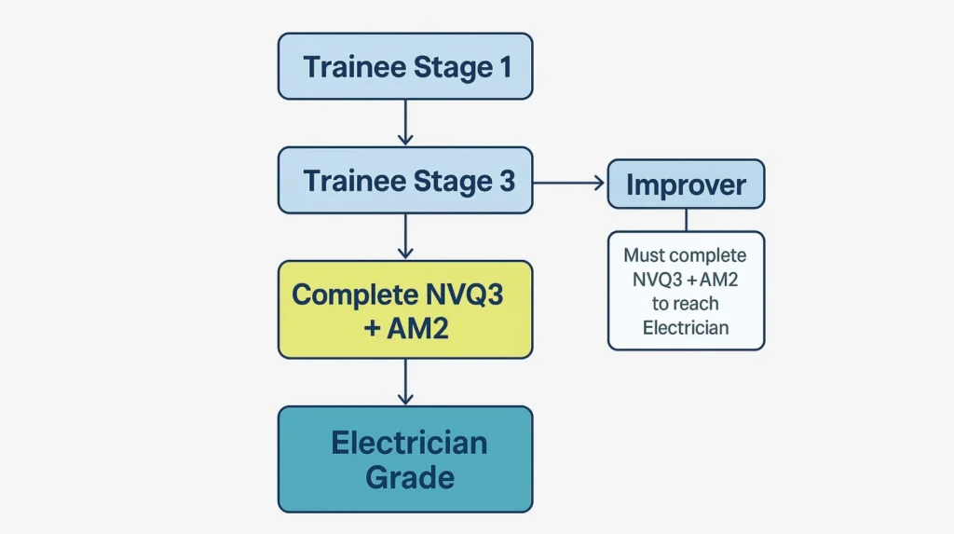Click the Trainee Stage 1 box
405,66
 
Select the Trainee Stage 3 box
405,180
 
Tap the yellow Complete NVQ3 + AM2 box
405,309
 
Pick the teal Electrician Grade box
405,459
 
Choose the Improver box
686,184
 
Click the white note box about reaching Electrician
686,291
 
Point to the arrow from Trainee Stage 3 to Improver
568,183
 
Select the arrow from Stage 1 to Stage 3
405,122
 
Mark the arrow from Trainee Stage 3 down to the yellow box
405,236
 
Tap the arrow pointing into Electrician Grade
405,382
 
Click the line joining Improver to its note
686,220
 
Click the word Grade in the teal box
409,477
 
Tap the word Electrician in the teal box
409,442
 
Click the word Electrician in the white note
686,327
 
